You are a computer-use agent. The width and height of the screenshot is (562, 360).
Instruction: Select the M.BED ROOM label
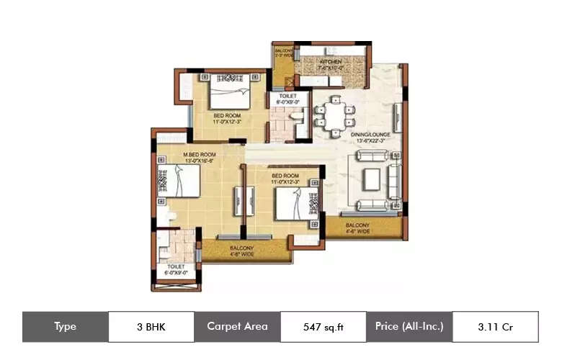(x=199, y=155)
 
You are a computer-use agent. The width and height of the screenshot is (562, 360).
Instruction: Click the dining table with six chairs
(x=335, y=113)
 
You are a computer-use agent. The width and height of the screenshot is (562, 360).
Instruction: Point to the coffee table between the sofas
(x=372, y=177)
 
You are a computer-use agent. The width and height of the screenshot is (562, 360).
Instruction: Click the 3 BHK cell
(x=151, y=327)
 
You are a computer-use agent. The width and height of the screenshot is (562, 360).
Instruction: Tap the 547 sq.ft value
(x=324, y=327)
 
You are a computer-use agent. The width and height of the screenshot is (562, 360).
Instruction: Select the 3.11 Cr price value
(x=495, y=327)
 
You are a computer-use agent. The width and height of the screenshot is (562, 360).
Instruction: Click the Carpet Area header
(x=237, y=327)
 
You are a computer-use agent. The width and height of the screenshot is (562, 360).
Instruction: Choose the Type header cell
(x=66, y=327)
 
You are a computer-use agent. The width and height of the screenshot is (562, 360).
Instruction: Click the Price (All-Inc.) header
(x=409, y=327)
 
